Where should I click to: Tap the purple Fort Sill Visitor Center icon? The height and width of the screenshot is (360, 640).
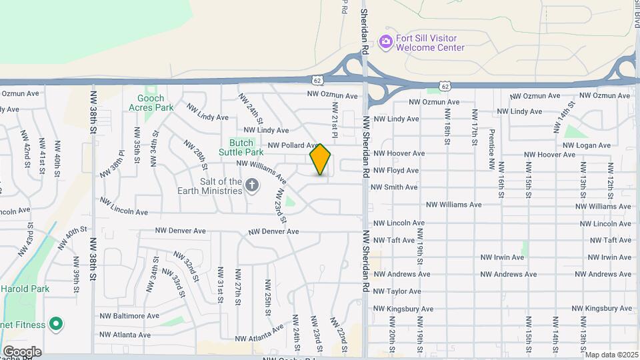tap(385, 43)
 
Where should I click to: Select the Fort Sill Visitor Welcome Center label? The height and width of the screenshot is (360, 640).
tap(430, 43)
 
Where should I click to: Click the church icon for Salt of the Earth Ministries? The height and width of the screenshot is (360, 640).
tap(252, 185)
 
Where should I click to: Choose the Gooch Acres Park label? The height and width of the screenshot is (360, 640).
tap(151, 103)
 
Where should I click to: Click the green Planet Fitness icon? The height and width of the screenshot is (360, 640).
tap(56, 325)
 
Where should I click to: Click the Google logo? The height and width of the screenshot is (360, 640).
tap(21, 351)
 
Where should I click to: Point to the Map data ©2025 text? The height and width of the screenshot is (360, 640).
tap(611, 355)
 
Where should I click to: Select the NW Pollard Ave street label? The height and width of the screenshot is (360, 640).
tap(293, 145)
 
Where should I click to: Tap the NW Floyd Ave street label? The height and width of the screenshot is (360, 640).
tap(396, 170)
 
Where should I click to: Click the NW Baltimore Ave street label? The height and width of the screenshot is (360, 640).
tap(129, 315)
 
